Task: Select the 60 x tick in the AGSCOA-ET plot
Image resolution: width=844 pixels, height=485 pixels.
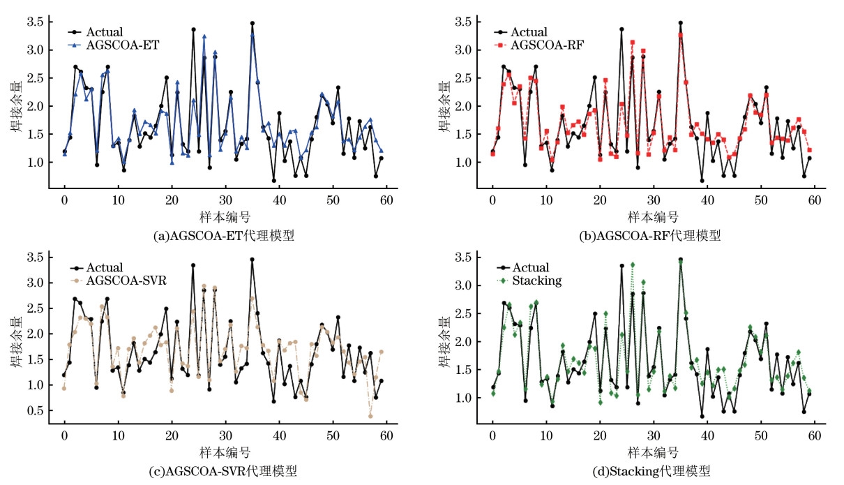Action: coord(386,199)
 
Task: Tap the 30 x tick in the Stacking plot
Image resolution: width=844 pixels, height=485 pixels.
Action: coord(653,434)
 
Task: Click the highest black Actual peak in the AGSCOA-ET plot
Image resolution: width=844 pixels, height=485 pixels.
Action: coord(253,23)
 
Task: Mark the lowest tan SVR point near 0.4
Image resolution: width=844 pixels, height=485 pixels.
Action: coord(370,416)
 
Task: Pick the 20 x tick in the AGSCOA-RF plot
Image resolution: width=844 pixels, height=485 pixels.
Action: coord(599,199)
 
